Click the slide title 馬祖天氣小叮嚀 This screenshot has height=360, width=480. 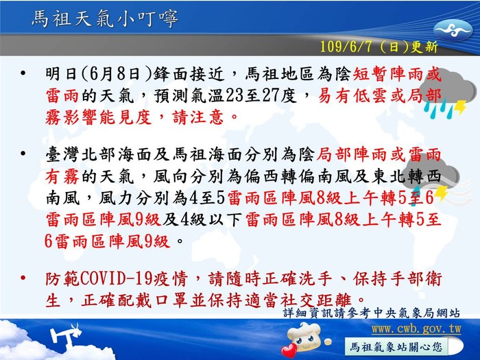coord(105,19)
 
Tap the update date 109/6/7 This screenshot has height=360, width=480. coord(346,47)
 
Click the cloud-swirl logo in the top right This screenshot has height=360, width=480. coord(453,30)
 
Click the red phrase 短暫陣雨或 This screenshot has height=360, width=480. coord(397,74)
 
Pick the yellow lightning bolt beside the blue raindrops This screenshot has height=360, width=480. coord(460,107)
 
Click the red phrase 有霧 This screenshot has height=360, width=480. coord(62,177)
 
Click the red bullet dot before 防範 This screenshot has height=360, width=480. coord(23,278)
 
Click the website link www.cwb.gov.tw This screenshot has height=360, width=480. coord(416,329)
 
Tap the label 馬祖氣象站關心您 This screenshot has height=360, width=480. coord(396,347)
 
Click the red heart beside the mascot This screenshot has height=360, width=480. coord(289,350)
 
